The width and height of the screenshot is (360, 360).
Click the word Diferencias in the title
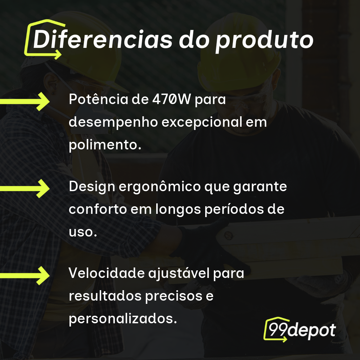(103, 39)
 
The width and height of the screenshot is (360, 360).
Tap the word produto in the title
(264, 41)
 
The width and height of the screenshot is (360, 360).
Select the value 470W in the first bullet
(171, 99)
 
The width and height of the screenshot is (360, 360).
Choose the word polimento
(105, 144)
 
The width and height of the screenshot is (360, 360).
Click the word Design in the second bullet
(92, 186)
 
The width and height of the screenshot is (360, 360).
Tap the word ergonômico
(160, 186)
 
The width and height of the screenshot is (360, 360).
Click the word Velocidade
(107, 273)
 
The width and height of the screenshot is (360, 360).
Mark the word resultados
(105, 296)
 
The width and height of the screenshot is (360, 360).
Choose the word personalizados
(123, 319)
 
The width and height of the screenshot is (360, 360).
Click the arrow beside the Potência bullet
(25, 102)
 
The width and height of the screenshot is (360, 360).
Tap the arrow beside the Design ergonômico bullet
(25, 189)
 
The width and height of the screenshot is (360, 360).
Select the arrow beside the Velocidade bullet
(25, 275)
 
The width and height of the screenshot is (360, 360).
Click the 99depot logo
(300, 329)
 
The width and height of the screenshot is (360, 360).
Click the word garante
(260, 187)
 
